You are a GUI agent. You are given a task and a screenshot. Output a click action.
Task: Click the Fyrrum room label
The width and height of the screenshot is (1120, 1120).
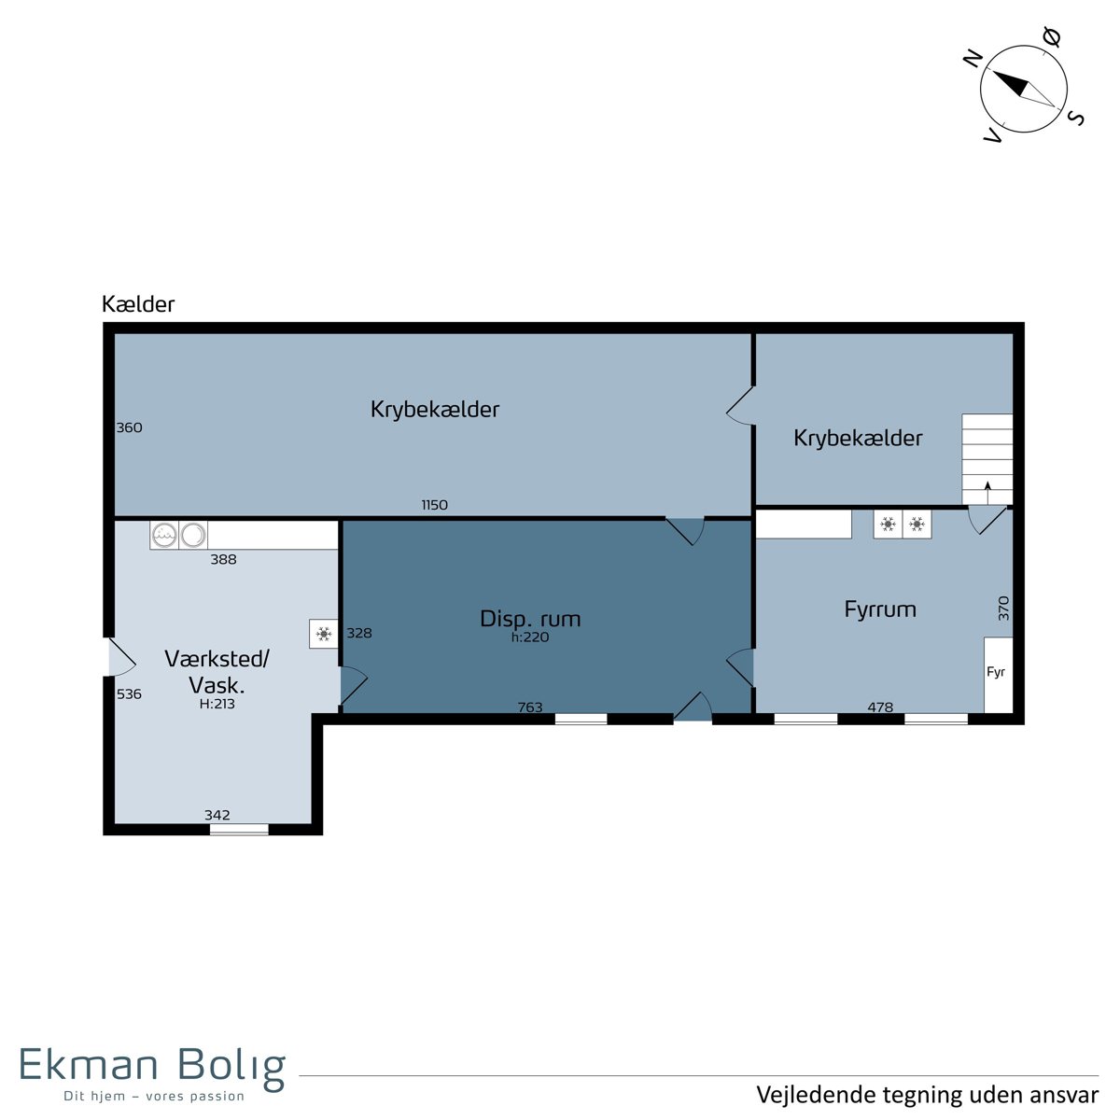[879, 609]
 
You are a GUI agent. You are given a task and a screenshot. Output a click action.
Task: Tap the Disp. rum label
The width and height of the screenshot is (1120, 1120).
[530, 619]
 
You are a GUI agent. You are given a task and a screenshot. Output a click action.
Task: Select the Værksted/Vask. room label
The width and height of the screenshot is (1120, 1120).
[217, 672]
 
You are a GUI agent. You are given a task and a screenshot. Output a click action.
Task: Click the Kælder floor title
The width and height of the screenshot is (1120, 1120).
[138, 304]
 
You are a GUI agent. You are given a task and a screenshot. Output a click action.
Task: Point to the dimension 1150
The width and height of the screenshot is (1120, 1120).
[435, 505]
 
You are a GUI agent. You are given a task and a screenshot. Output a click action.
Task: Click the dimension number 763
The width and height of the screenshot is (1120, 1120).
[530, 707]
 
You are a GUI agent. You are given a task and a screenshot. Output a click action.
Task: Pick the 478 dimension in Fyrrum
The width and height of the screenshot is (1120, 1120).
[880, 707]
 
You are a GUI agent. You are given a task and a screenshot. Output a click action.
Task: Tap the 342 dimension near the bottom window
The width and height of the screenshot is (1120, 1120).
[217, 815]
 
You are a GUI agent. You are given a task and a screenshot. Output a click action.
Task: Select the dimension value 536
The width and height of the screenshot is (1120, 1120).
[129, 694]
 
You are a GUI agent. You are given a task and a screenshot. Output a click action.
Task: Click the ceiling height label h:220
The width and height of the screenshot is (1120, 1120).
[530, 637]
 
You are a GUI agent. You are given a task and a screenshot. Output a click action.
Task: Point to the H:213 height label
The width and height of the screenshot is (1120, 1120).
[217, 704]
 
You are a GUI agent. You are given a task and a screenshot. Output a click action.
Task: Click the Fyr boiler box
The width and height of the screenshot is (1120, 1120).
[998, 675]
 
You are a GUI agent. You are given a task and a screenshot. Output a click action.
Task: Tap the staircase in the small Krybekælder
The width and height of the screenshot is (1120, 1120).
[987, 459]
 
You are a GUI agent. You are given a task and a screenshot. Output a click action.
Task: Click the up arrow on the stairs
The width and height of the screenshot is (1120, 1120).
[987, 492]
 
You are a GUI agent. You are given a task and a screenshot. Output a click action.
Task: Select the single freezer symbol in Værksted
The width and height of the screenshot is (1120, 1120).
[324, 634]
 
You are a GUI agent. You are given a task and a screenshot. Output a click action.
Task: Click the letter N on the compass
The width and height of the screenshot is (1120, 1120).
[973, 58]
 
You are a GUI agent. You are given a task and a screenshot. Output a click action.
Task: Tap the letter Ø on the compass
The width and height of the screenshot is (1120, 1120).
[1052, 37]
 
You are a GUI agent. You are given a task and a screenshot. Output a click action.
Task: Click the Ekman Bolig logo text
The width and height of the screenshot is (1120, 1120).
[152, 1080]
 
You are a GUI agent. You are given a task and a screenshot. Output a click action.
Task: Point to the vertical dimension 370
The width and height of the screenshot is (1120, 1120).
[1003, 609]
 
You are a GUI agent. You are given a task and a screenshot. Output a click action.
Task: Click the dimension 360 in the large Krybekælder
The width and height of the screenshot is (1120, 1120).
[129, 427]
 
